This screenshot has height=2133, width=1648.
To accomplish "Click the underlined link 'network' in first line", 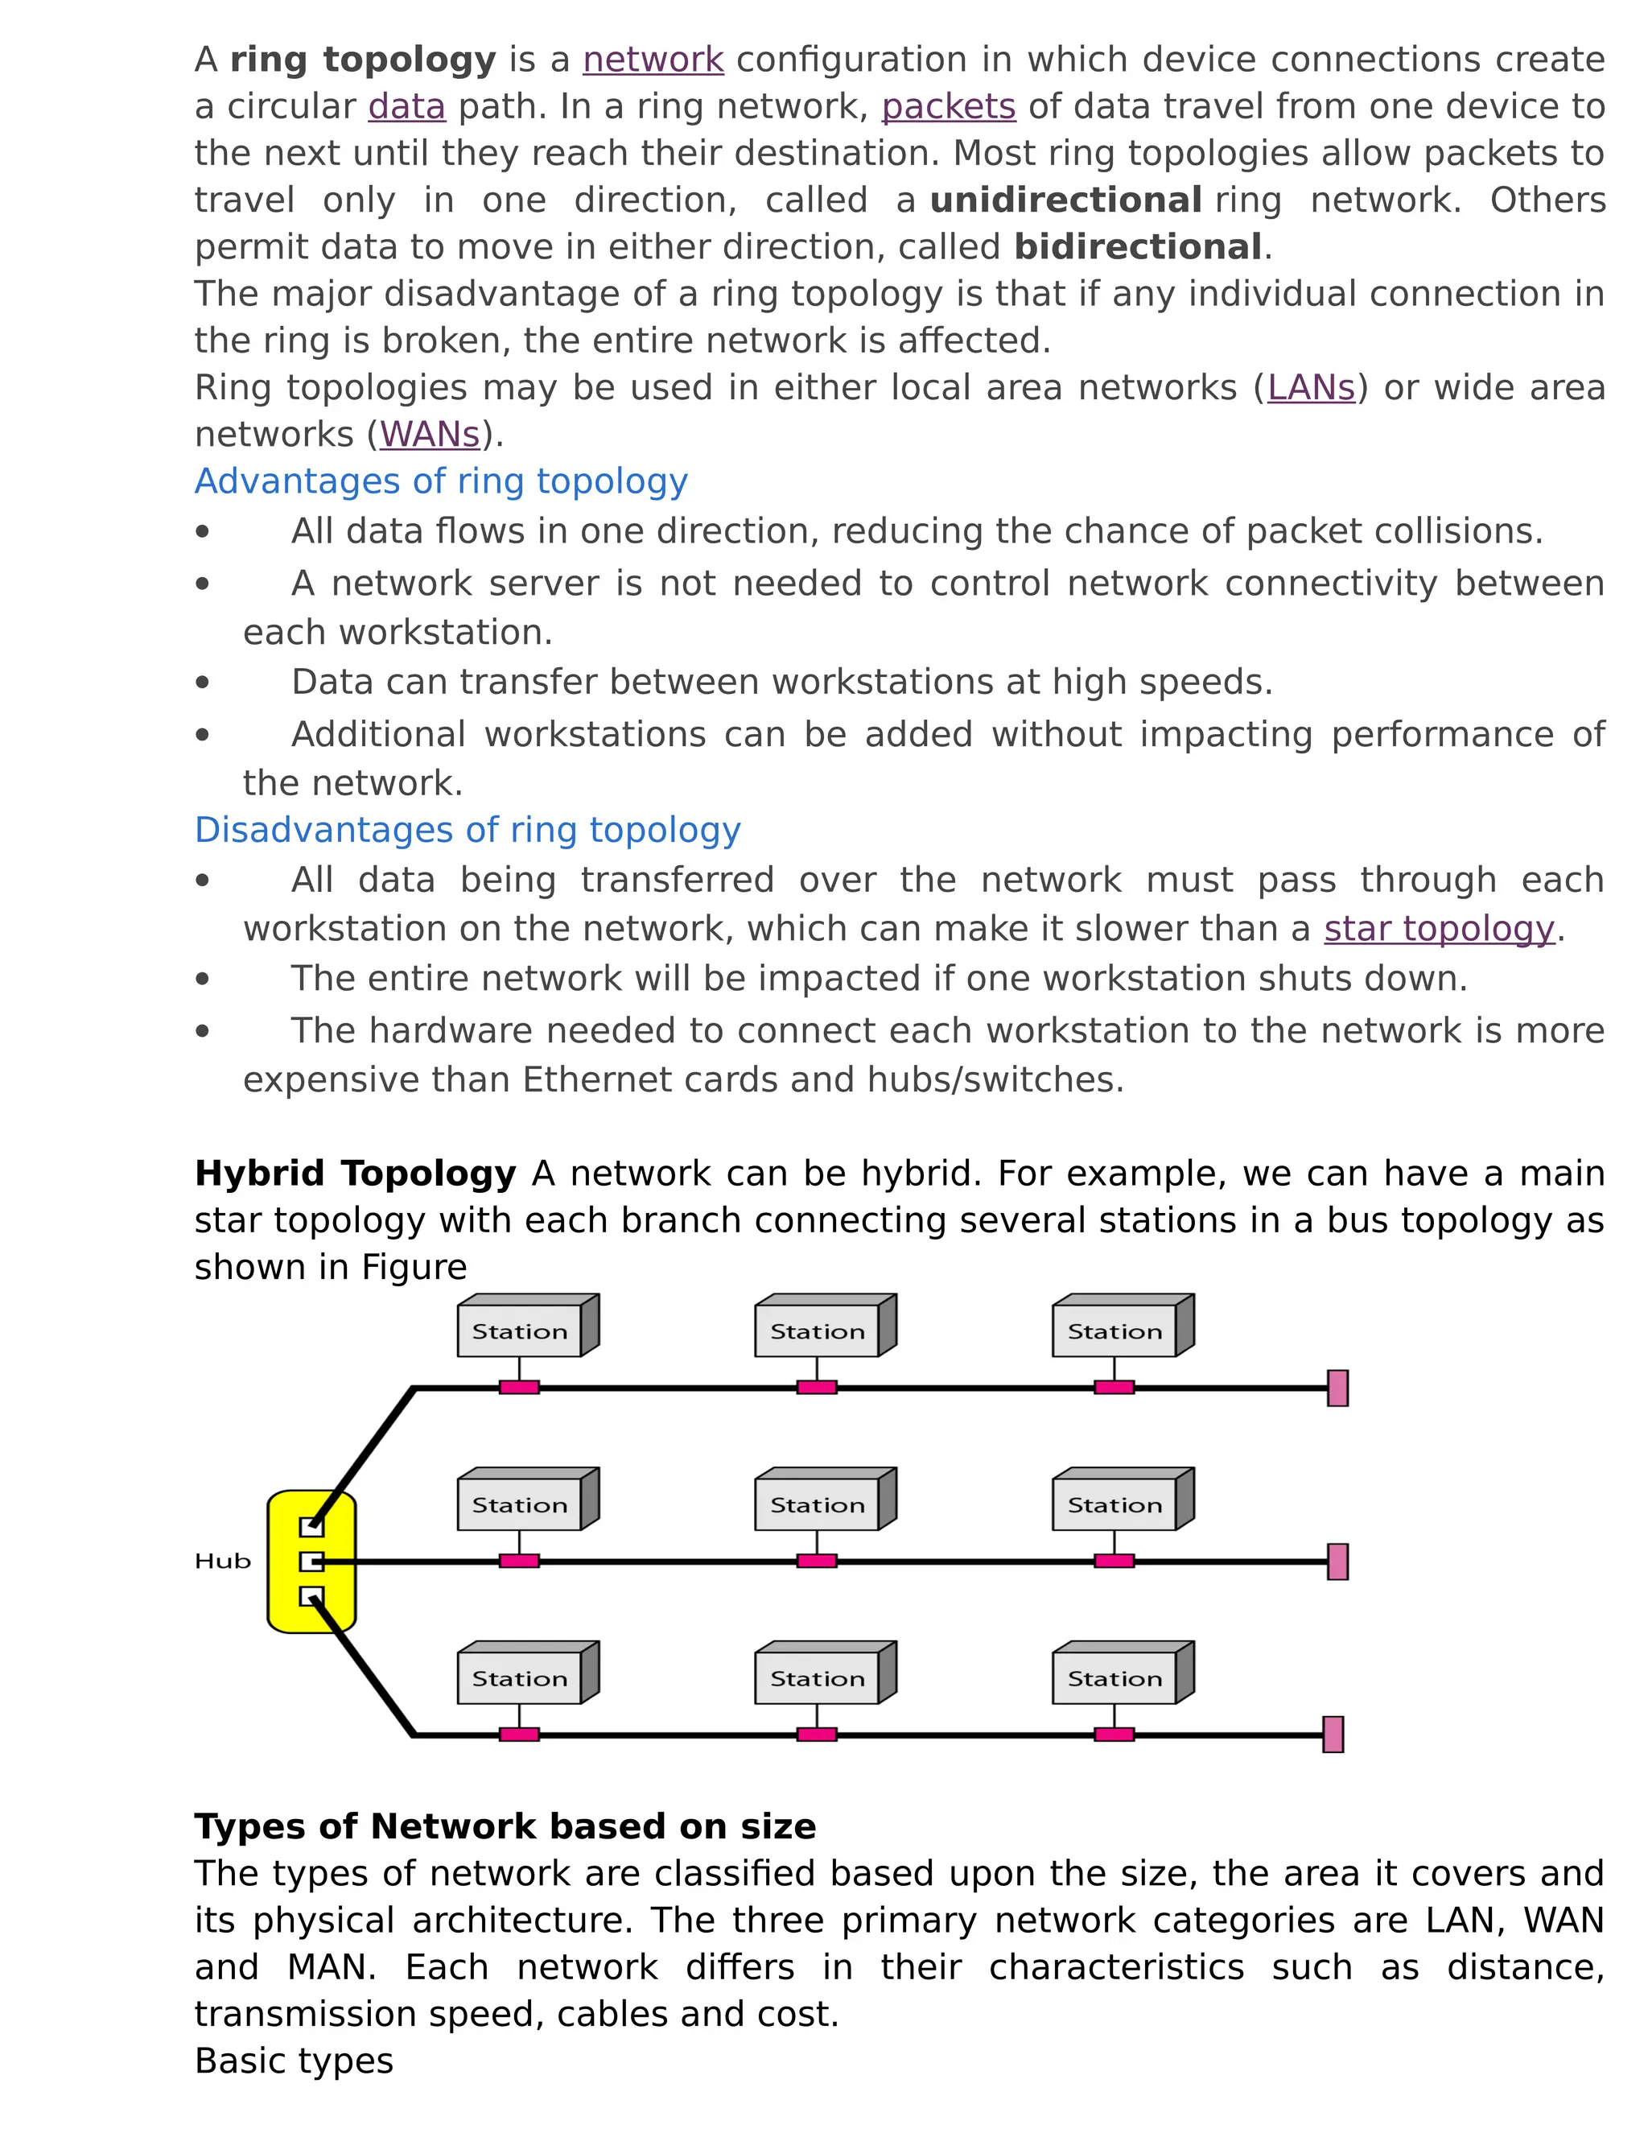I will (653, 60).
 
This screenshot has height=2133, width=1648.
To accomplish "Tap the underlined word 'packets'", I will (948, 107).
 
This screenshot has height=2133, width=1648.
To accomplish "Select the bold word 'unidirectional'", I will (1065, 201).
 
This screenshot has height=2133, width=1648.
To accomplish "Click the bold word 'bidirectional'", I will (1139, 248).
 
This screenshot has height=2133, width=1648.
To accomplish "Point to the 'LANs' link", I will (1311, 389).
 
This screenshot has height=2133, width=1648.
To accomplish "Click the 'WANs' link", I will (430, 435).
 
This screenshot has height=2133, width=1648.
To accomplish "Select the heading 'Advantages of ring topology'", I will (441, 481).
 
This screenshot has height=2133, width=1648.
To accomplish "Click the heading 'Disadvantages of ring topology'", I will (468, 830).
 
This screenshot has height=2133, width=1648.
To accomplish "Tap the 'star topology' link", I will (1438, 929).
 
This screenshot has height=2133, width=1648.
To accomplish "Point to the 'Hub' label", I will (223, 1562).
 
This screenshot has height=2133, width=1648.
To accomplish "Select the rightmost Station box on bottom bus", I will (1115, 1679).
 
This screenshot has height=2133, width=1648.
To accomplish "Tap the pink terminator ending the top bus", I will (1337, 1388).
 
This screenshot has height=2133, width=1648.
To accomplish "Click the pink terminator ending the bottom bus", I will (1333, 1735).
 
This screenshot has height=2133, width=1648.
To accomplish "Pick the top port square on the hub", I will (311, 1526).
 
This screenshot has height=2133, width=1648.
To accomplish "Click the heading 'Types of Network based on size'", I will (505, 1826).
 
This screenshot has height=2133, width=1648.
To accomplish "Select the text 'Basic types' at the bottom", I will (294, 2061).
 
